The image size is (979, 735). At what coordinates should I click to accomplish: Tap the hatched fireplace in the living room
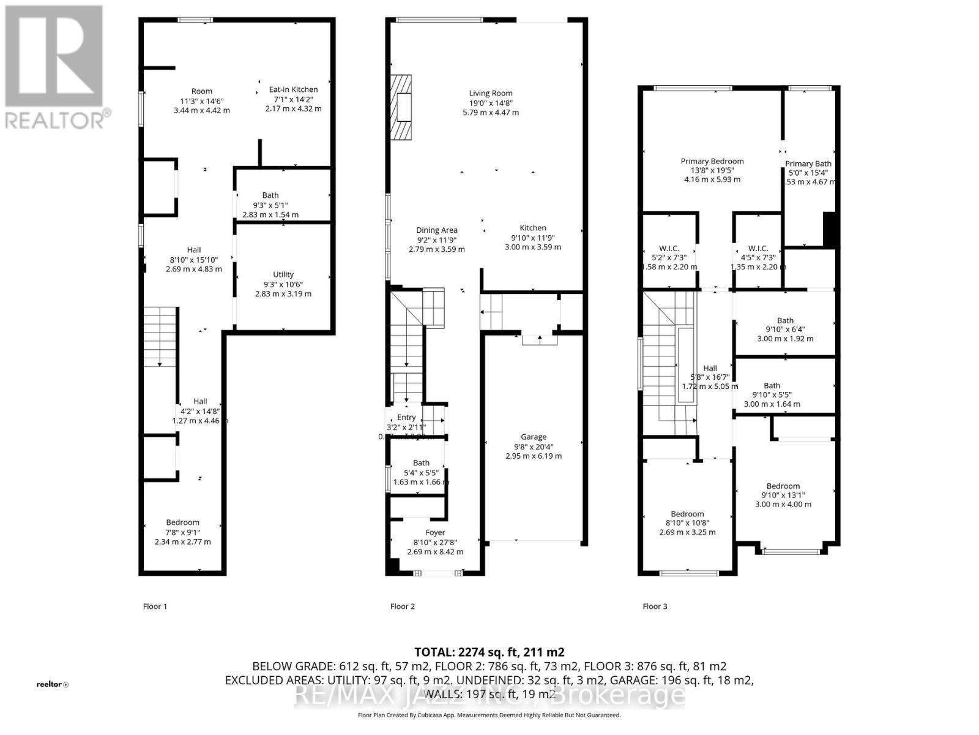pos(401,107)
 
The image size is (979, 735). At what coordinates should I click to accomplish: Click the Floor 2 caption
pos(402,606)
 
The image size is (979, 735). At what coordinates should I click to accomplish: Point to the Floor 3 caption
pos(655,606)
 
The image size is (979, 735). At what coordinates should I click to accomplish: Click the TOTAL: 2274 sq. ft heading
pos(489,652)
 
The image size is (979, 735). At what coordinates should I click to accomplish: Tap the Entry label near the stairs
pos(406,417)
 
